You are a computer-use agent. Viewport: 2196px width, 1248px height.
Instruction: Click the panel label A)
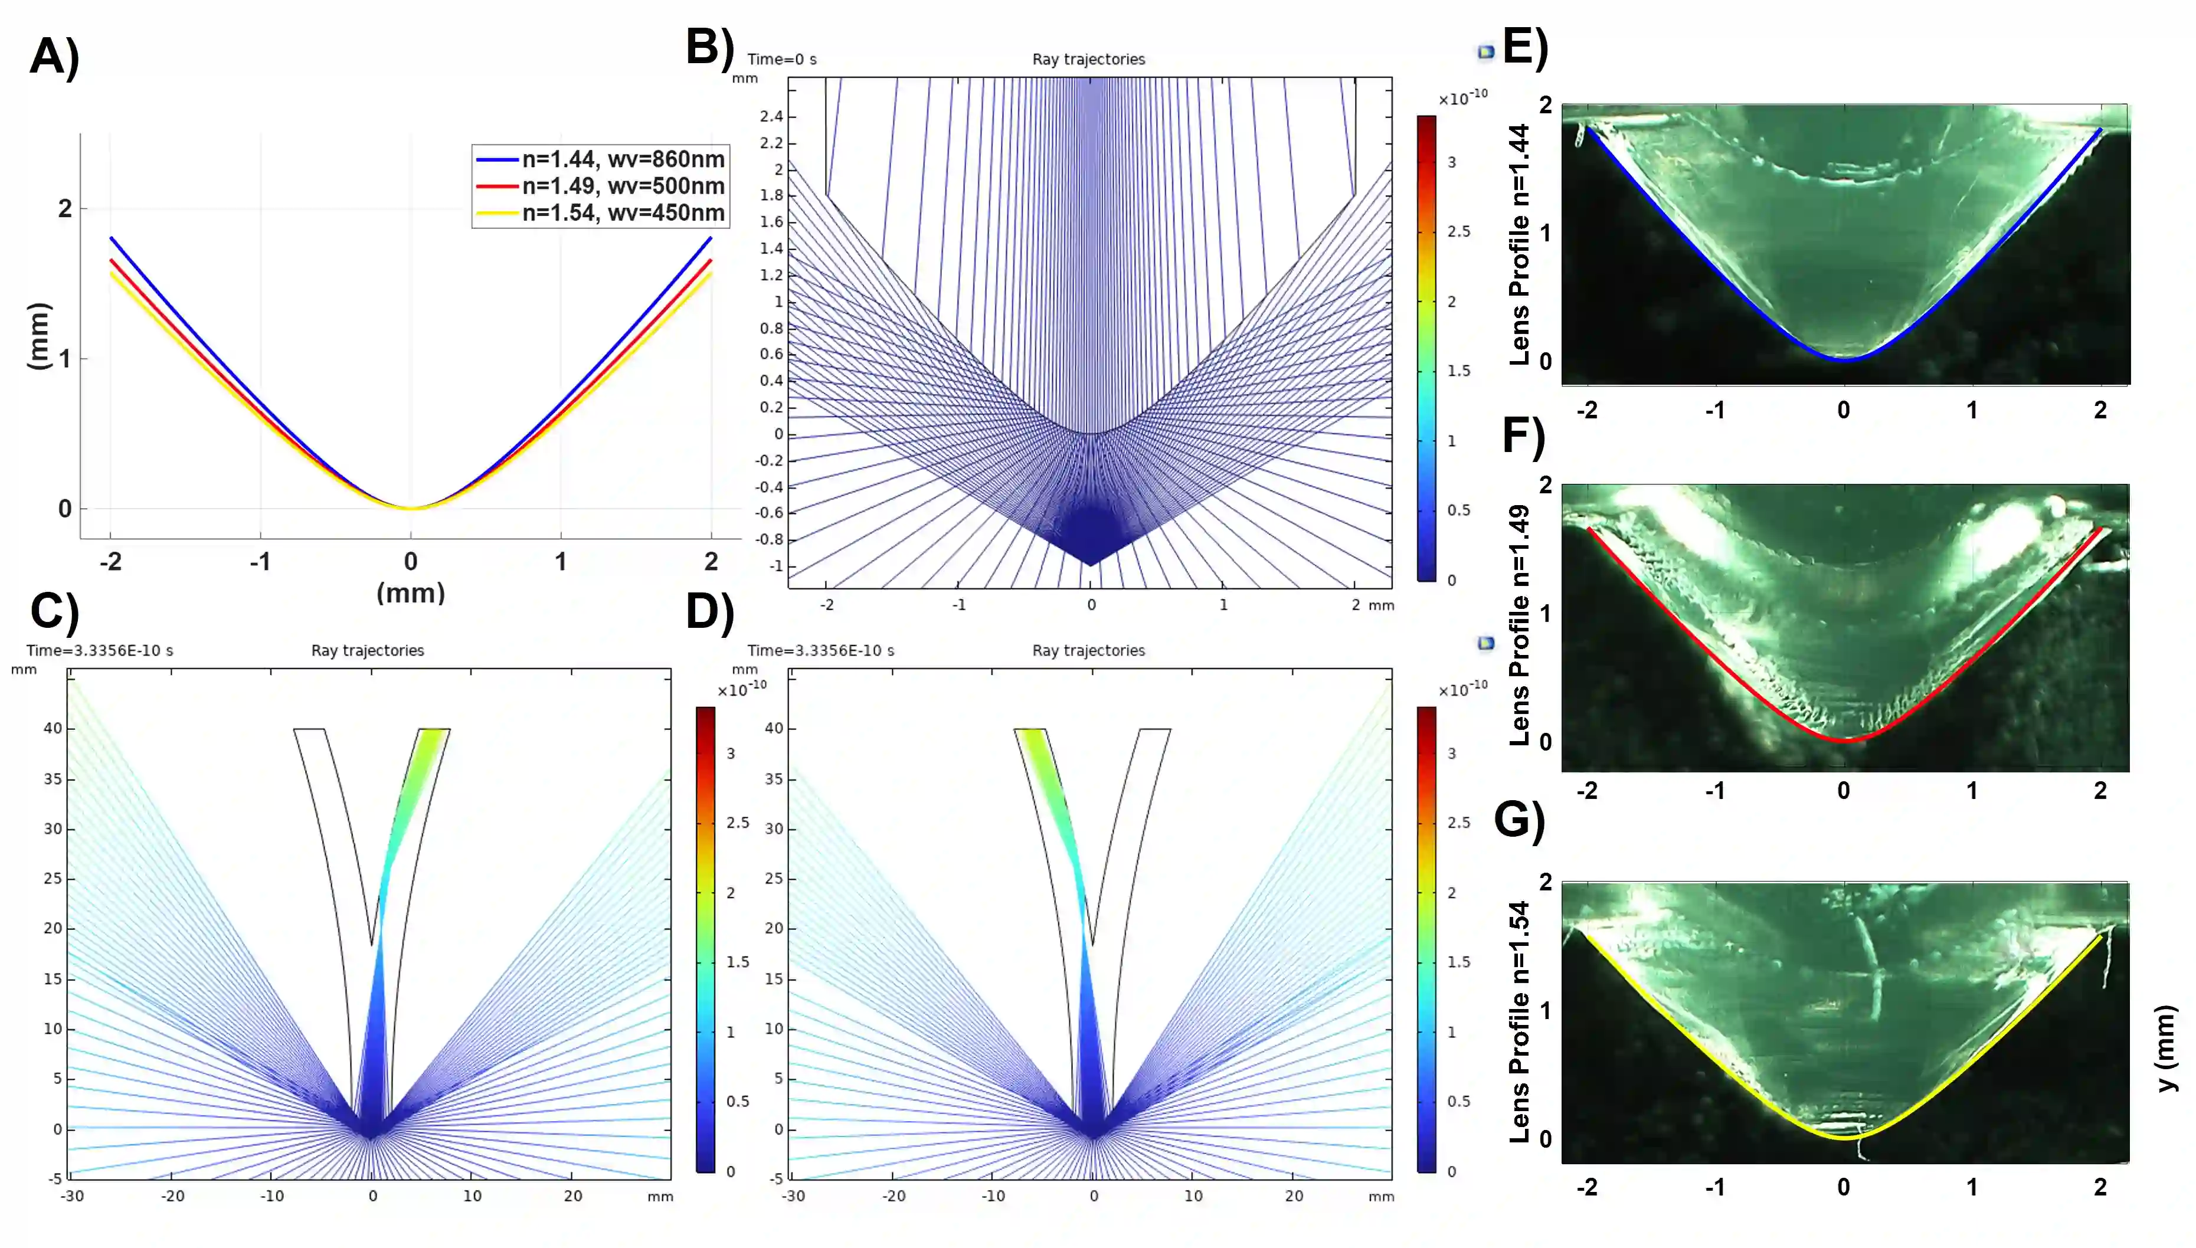coord(54,57)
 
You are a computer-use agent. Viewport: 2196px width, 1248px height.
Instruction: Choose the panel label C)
coord(54,611)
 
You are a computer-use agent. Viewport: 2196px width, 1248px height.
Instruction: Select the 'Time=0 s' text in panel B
coord(782,59)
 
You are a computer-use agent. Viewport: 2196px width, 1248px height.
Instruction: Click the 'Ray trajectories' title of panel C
coord(368,651)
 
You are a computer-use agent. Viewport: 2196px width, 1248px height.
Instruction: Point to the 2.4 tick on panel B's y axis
coord(771,117)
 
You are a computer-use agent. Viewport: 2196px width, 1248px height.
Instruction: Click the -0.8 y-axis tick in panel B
coord(769,539)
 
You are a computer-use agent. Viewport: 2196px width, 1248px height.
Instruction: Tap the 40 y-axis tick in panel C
coord(53,729)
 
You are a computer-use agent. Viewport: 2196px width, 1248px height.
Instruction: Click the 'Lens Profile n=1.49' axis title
coord(1519,625)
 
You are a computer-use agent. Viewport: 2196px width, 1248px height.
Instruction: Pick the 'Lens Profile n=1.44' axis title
coord(1519,244)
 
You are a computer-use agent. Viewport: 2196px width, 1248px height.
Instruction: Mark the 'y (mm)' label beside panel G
coord(2165,1047)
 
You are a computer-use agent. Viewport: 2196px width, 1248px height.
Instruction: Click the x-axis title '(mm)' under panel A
coord(411,593)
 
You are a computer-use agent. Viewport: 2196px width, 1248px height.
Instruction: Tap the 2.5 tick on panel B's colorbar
coord(1458,231)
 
